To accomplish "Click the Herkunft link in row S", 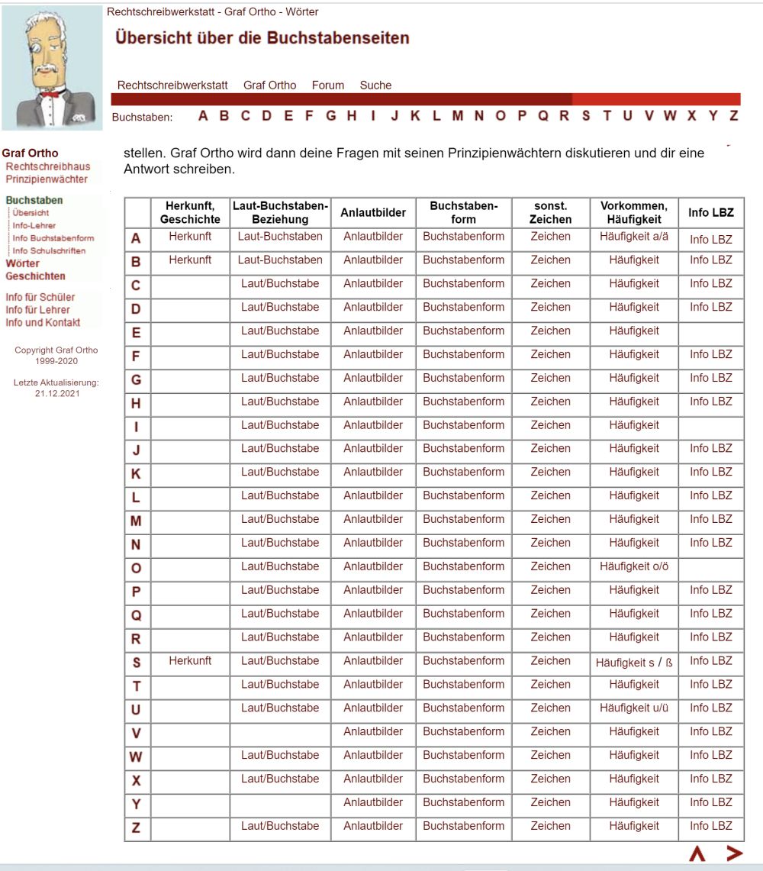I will (x=190, y=661).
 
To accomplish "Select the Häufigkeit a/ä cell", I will (x=634, y=237).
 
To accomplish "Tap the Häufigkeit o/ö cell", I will (x=634, y=566).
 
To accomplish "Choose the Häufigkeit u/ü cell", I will (x=634, y=708).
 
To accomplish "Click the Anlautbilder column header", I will (x=373, y=212).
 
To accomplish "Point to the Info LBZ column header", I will (x=711, y=212).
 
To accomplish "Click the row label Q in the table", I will (x=137, y=615).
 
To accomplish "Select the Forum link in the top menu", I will (x=328, y=85).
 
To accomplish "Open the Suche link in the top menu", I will (x=375, y=85).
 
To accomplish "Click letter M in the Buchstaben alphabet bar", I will (x=457, y=116).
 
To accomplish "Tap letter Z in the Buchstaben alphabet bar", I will (x=733, y=116).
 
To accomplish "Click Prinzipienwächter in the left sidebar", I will (x=47, y=179).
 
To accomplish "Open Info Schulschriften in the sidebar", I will (x=49, y=250).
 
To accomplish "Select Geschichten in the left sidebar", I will (x=35, y=276).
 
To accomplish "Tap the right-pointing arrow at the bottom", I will (x=734, y=853).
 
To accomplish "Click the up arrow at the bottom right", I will (x=697, y=854).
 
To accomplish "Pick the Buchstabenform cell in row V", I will (x=463, y=731).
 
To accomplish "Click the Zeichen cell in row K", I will (x=550, y=472).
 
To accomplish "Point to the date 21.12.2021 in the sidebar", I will (x=56, y=394).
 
